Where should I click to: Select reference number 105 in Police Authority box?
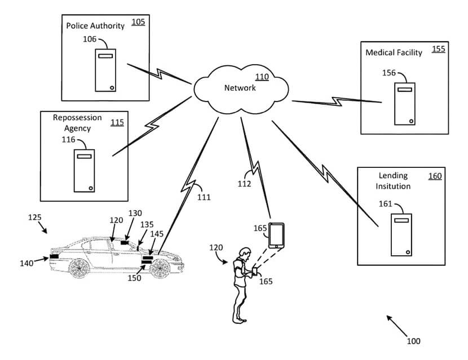pos(138,22)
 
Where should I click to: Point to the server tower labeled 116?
pos(84,170)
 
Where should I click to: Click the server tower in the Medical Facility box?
pos(405,104)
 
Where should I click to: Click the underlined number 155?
pos(438,49)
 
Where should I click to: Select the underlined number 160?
pos(435,176)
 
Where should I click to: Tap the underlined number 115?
pos(117,122)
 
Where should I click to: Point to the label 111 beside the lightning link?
pos(204,197)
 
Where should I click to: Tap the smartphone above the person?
pos(276,235)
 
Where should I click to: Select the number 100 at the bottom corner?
pos(413,341)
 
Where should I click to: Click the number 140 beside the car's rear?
pos(26,263)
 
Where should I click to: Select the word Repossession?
pos(77,118)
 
